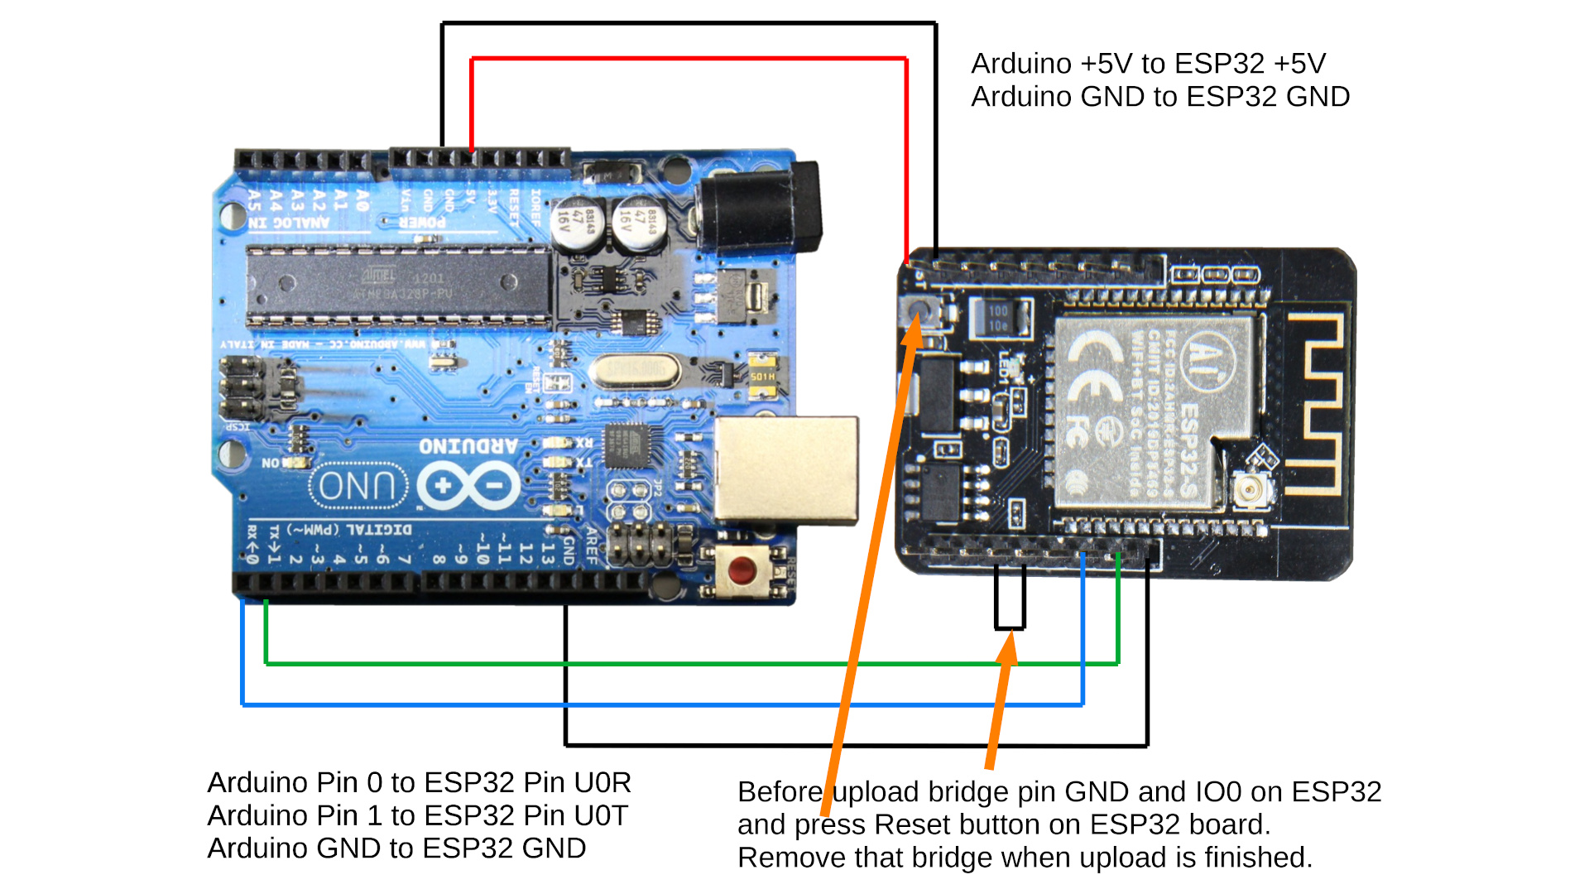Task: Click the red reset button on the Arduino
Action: pos(742,570)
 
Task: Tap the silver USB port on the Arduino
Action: pos(786,469)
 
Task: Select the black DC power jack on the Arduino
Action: pos(760,207)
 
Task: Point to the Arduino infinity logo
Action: pos(468,486)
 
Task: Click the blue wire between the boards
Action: pos(662,704)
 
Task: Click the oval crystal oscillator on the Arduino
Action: pos(636,370)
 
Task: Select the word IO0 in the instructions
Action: pos(1218,792)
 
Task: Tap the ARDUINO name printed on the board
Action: pos(468,445)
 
